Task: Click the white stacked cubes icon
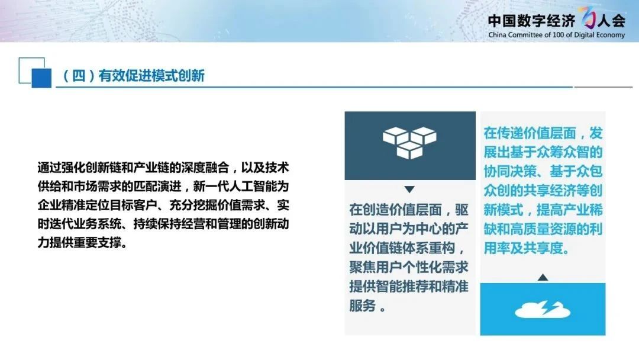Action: pos(409,142)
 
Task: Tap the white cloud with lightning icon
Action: pos(543,309)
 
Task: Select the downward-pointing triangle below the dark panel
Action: pos(409,189)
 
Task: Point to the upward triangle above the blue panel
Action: pos(543,277)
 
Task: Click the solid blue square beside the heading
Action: pos(41,78)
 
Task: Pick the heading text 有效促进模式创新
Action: pos(151,76)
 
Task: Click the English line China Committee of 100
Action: pos(556,35)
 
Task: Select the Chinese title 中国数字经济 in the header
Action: pos(531,20)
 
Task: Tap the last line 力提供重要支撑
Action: pos(82,243)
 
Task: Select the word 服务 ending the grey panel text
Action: pos(362,306)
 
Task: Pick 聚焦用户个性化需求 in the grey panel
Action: pos(409,267)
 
